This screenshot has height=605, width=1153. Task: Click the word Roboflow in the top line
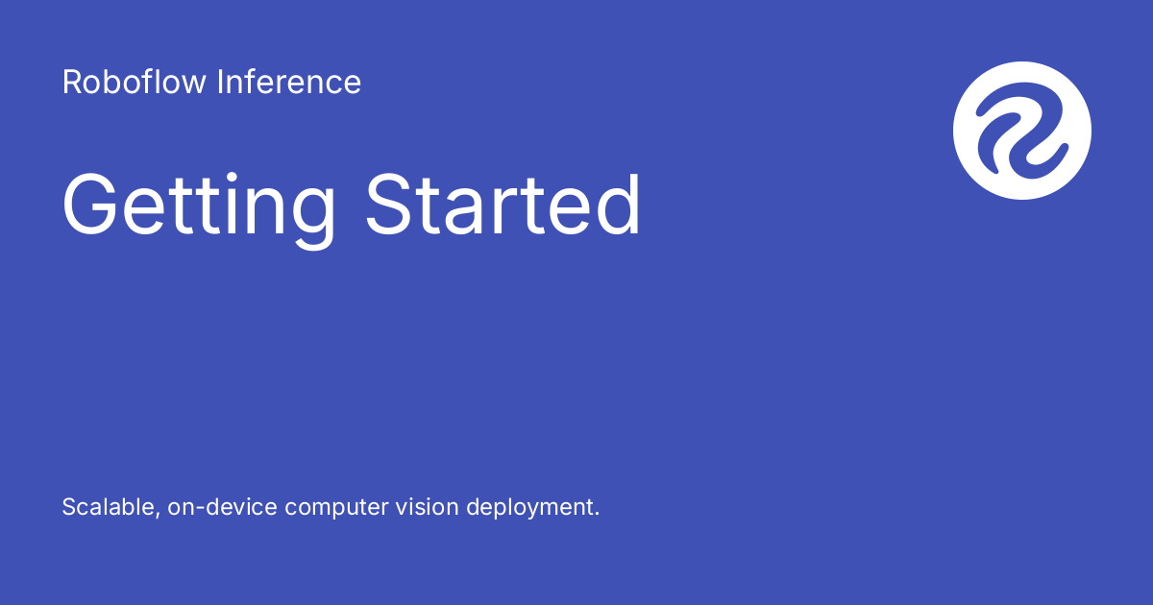point(134,82)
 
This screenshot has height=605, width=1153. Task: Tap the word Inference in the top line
point(289,82)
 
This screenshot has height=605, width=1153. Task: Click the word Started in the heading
point(503,204)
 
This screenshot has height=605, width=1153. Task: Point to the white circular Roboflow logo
point(1022,131)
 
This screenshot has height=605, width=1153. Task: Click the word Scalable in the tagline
point(110,507)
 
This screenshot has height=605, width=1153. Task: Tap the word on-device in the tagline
point(222,507)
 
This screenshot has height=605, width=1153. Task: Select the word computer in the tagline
point(336,509)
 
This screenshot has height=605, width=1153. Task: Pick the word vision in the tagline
point(427,507)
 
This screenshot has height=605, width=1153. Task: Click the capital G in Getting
point(89,204)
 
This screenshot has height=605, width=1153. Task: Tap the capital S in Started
point(390,204)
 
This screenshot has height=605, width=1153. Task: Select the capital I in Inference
point(220,82)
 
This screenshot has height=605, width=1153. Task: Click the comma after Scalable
point(157,515)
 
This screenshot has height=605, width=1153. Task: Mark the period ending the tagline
point(597,514)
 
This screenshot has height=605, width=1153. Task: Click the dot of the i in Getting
point(232,177)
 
